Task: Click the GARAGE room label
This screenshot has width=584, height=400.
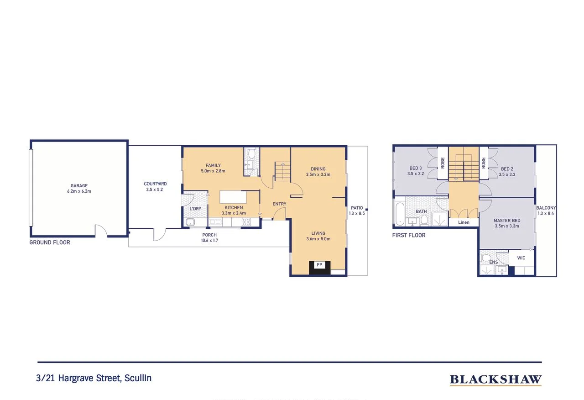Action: (x=79, y=186)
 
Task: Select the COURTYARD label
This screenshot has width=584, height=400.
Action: (x=155, y=184)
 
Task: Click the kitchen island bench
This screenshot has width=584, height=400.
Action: (x=233, y=197)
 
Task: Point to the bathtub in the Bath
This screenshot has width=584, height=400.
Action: (x=400, y=214)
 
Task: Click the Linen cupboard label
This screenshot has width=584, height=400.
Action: (x=464, y=222)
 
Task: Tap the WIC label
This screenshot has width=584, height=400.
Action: (x=521, y=258)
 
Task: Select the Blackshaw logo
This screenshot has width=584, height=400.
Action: (x=495, y=379)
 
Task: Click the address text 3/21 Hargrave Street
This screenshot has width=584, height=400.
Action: (x=94, y=378)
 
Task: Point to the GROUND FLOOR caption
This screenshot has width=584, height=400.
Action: (x=50, y=242)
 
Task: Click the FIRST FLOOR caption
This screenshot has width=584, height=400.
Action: (x=409, y=235)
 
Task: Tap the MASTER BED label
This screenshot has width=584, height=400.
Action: (x=507, y=221)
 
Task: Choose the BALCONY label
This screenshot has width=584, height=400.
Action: (x=546, y=208)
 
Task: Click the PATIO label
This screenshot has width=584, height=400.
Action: (x=357, y=208)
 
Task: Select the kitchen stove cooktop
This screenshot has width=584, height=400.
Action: (x=246, y=222)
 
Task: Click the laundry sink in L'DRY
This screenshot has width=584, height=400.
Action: (x=191, y=222)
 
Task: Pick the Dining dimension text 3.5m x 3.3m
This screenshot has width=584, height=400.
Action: (x=318, y=174)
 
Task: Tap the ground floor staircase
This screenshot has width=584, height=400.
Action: (x=282, y=172)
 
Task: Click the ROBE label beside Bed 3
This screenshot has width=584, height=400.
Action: (x=443, y=163)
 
